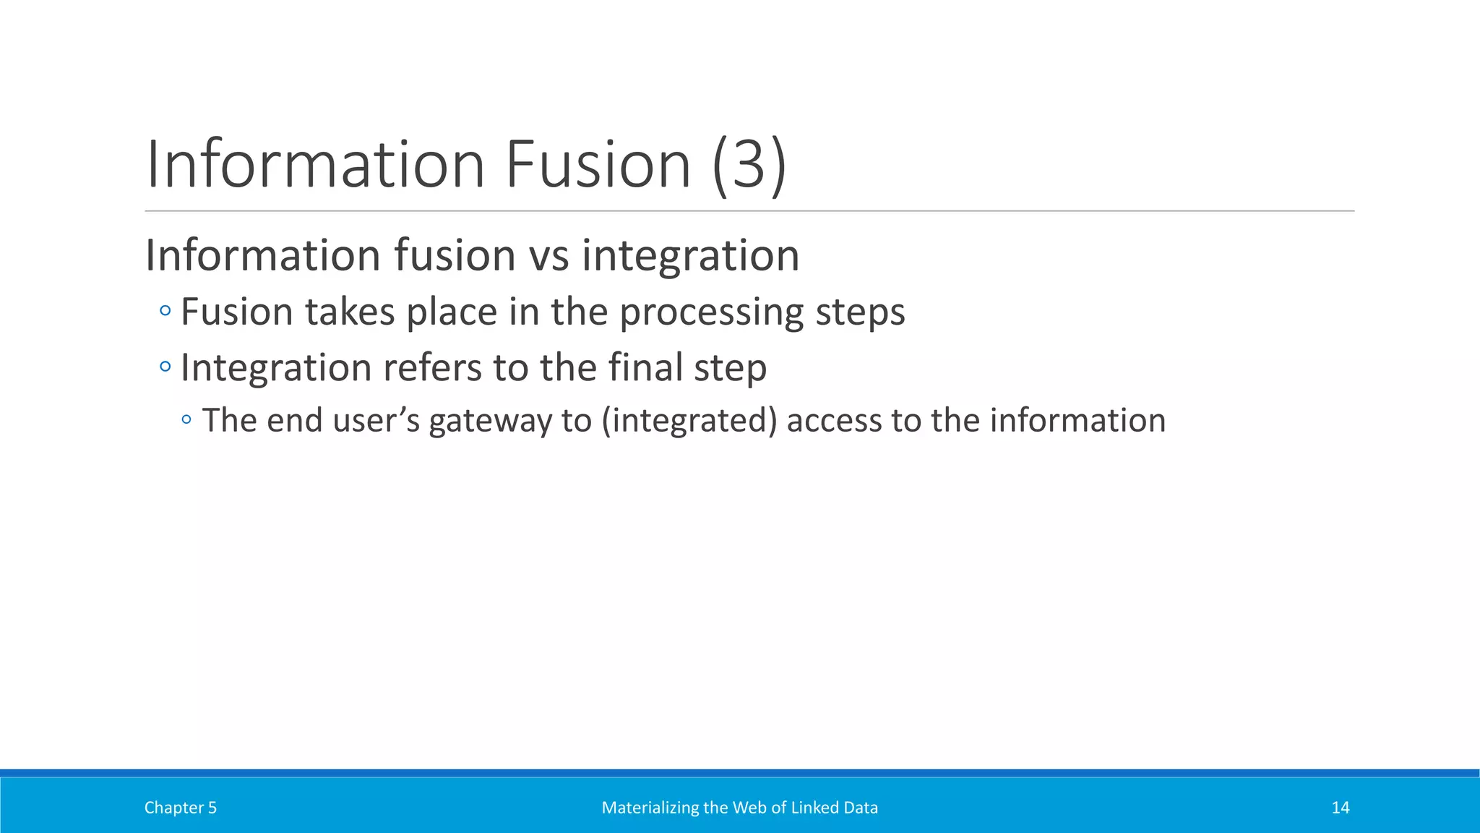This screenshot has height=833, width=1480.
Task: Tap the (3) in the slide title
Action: coord(749,166)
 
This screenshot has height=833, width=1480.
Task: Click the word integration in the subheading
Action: coord(690,257)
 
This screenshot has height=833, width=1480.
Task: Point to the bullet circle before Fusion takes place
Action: coord(165,311)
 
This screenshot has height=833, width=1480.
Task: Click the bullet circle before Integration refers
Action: coord(165,367)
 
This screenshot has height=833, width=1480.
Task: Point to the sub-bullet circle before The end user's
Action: coord(186,419)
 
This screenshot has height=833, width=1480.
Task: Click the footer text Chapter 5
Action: coord(180,808)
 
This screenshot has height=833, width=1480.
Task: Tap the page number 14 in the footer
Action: coord(1340,808)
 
